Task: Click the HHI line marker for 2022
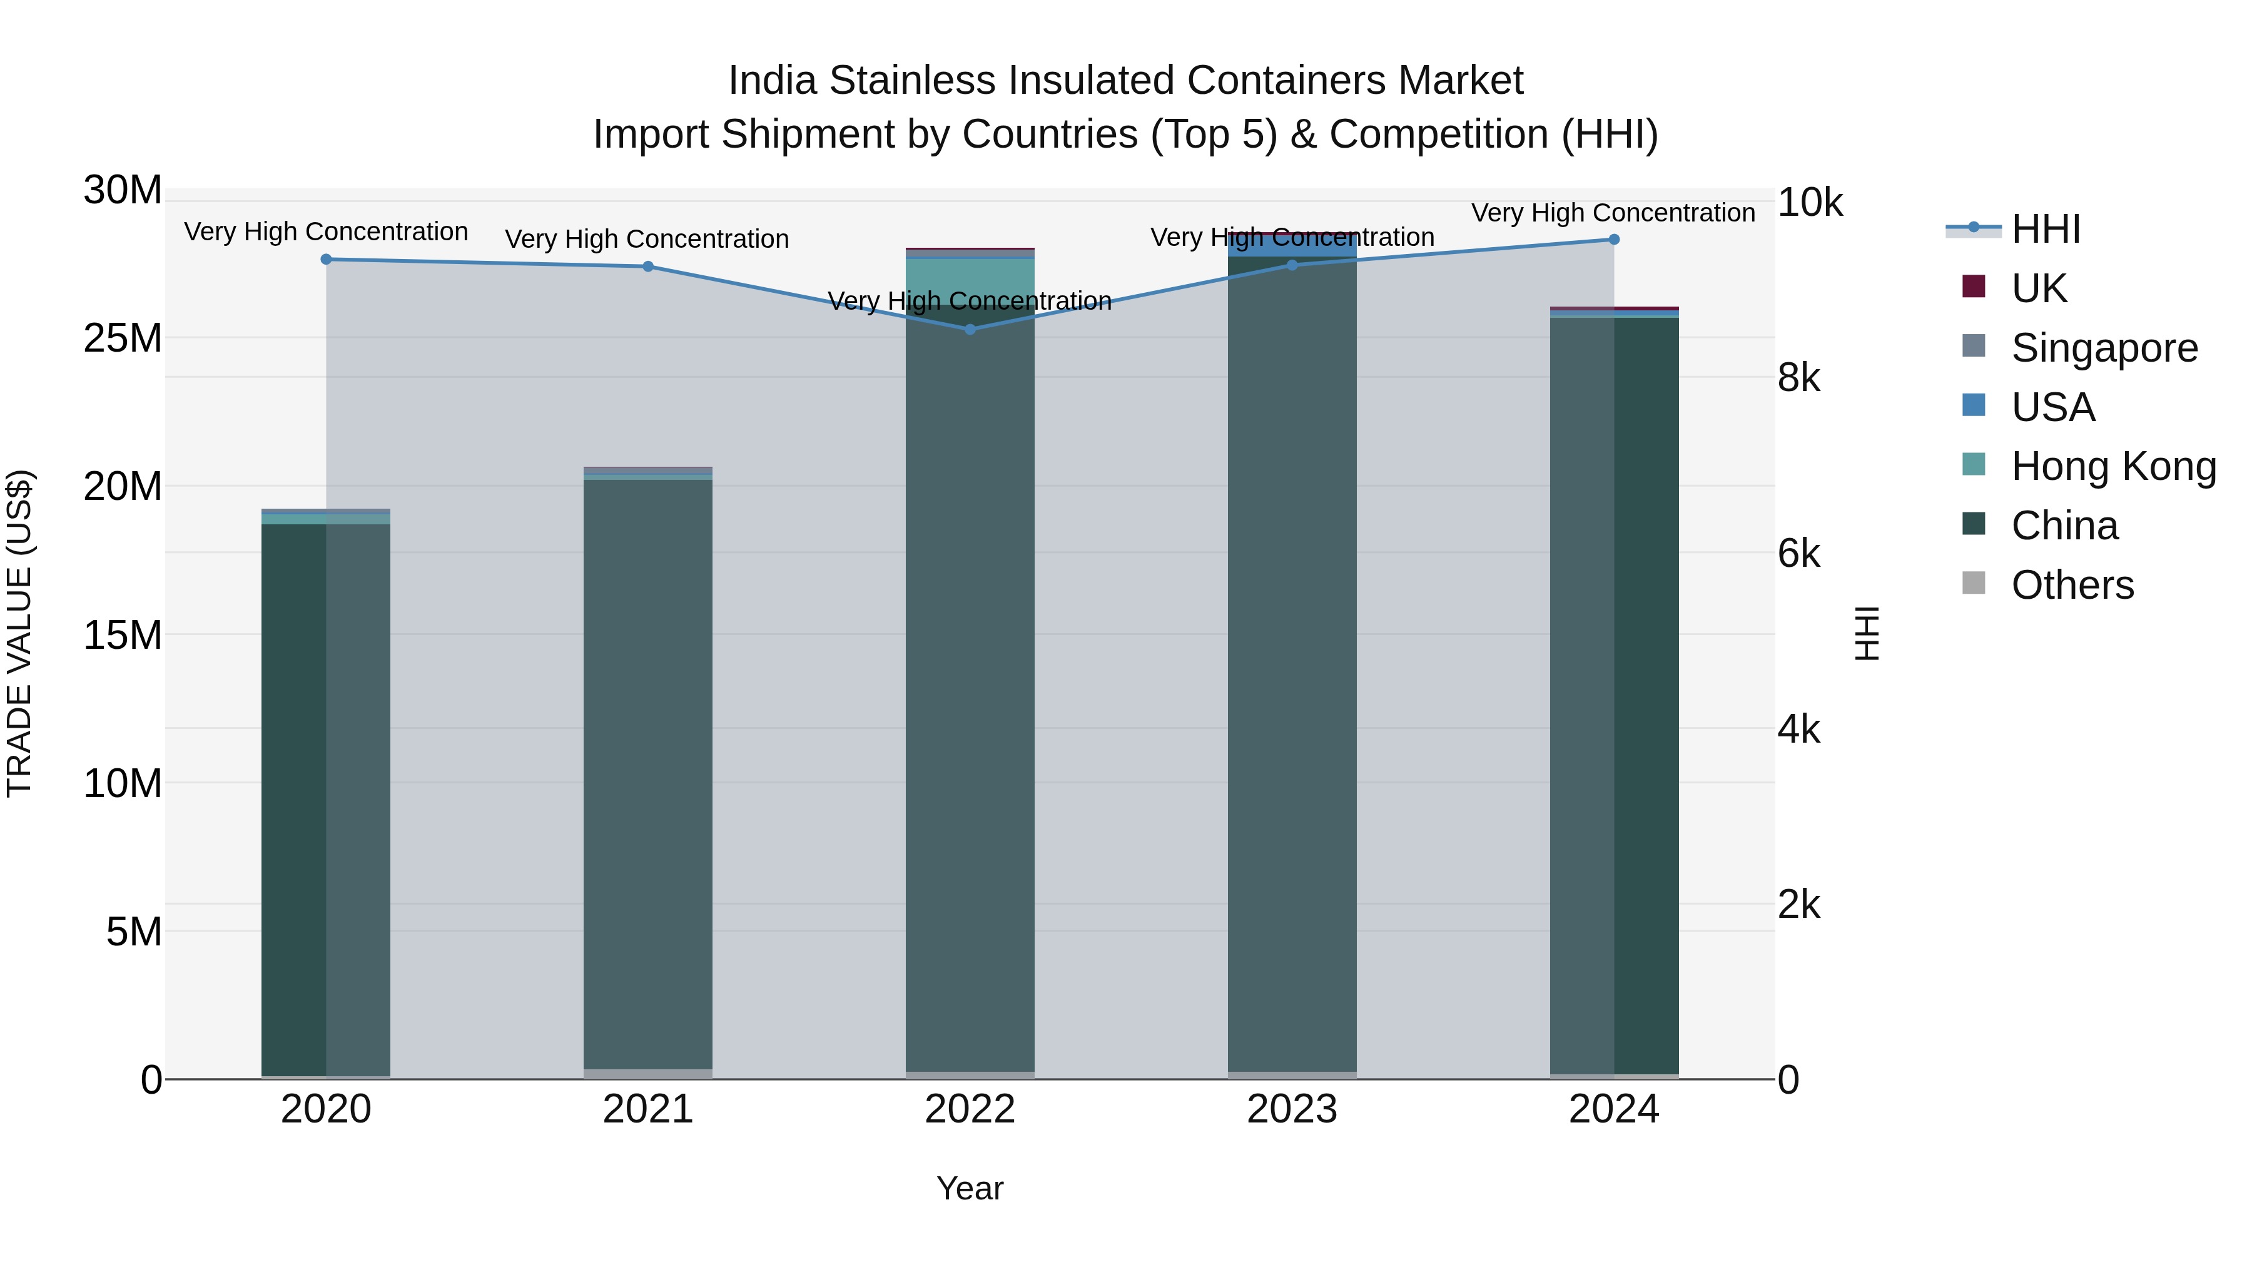[x=970, y=330]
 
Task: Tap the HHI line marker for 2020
[x=326, y=259]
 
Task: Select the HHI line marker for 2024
[x=1614, y=240]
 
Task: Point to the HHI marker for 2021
[x=648, y=267]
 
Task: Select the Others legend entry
[x=2071, y=585]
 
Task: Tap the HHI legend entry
[x=2045, y=229]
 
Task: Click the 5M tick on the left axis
[x=134, y=932]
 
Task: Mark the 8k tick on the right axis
[x=1799, y=379]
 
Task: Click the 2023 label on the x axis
[x=1292, y=1109]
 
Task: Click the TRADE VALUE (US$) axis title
[x=19, y=634]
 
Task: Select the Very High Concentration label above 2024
[x=1613, y=213]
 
